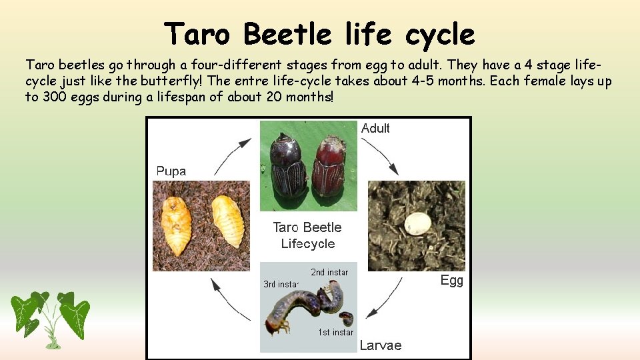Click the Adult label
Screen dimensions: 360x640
coord(375,129)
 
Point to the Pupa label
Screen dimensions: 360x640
coord(171,171)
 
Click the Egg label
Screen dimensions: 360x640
coord(451,281)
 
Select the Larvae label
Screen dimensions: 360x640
coord(381,345)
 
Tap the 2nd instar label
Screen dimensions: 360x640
coord(329,272)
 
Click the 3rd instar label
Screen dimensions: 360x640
coord(280,285)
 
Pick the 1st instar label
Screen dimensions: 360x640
coord(335,332)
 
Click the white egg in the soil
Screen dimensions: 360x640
coord(420,222)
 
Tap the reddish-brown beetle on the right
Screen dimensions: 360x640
coord(329,167)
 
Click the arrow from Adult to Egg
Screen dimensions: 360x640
coord(385,157)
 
